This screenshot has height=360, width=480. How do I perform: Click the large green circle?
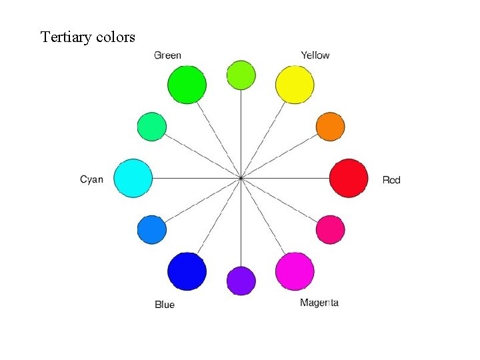click(187, 85)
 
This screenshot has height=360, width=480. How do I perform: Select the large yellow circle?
click(295, 85)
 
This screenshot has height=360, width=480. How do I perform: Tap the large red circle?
click(349, 178)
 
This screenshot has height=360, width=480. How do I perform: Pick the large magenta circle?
click(295, 271)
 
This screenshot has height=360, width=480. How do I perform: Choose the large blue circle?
click(187, 271)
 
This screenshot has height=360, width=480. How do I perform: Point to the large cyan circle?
click(133, 178)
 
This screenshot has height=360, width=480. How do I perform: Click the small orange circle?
click(330, 127)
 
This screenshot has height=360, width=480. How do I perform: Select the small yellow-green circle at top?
click(241, 75)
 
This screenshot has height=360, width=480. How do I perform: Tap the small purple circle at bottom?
click(241, 281)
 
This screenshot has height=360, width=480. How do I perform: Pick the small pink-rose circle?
click(330, 229)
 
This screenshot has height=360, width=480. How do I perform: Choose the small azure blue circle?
click(151, 229)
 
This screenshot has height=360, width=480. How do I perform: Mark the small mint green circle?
click(151, 127)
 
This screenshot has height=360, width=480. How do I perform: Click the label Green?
click(167, 55)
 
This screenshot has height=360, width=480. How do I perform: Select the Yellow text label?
click(315, 55)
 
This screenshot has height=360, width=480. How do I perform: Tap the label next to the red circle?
click(391, 180)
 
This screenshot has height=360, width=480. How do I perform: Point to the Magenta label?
click(319, 303)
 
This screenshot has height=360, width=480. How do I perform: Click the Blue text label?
click(165, 305)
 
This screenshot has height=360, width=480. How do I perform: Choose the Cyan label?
click(91, 179)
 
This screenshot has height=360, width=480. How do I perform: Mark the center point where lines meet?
click(240, 178)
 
